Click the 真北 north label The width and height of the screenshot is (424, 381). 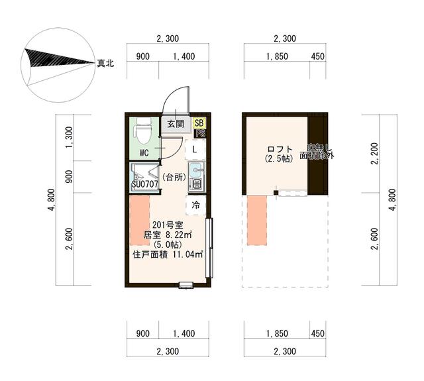[x=106, y=64]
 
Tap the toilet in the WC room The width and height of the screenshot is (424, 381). [x=142, y=131]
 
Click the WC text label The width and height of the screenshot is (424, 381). [x=144, y=152]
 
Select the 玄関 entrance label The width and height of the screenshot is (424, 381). [x=175, y=124]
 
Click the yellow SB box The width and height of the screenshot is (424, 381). [x=199, y=123]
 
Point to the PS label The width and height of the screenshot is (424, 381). [x=200, y=133]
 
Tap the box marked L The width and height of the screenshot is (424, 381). [x=194, y=150]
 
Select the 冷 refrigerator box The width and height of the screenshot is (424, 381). [x=195, y=205]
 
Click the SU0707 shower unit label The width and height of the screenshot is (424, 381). [x=144, y=184]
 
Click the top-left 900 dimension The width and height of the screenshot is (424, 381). [x=142, y=56]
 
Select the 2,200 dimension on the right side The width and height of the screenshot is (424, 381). [x=375, y=156]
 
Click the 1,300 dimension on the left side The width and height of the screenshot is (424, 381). [x=70, y=137]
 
